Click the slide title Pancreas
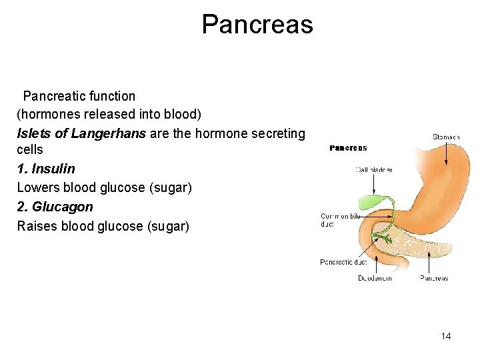(257, 25)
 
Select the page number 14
(446, 336)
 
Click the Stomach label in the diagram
(446, 137)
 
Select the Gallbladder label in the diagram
(373, 169)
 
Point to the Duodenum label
(375, 278)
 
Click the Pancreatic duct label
(344, 262)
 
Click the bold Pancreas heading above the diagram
(348, 148)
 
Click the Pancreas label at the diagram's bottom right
(434, 278)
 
